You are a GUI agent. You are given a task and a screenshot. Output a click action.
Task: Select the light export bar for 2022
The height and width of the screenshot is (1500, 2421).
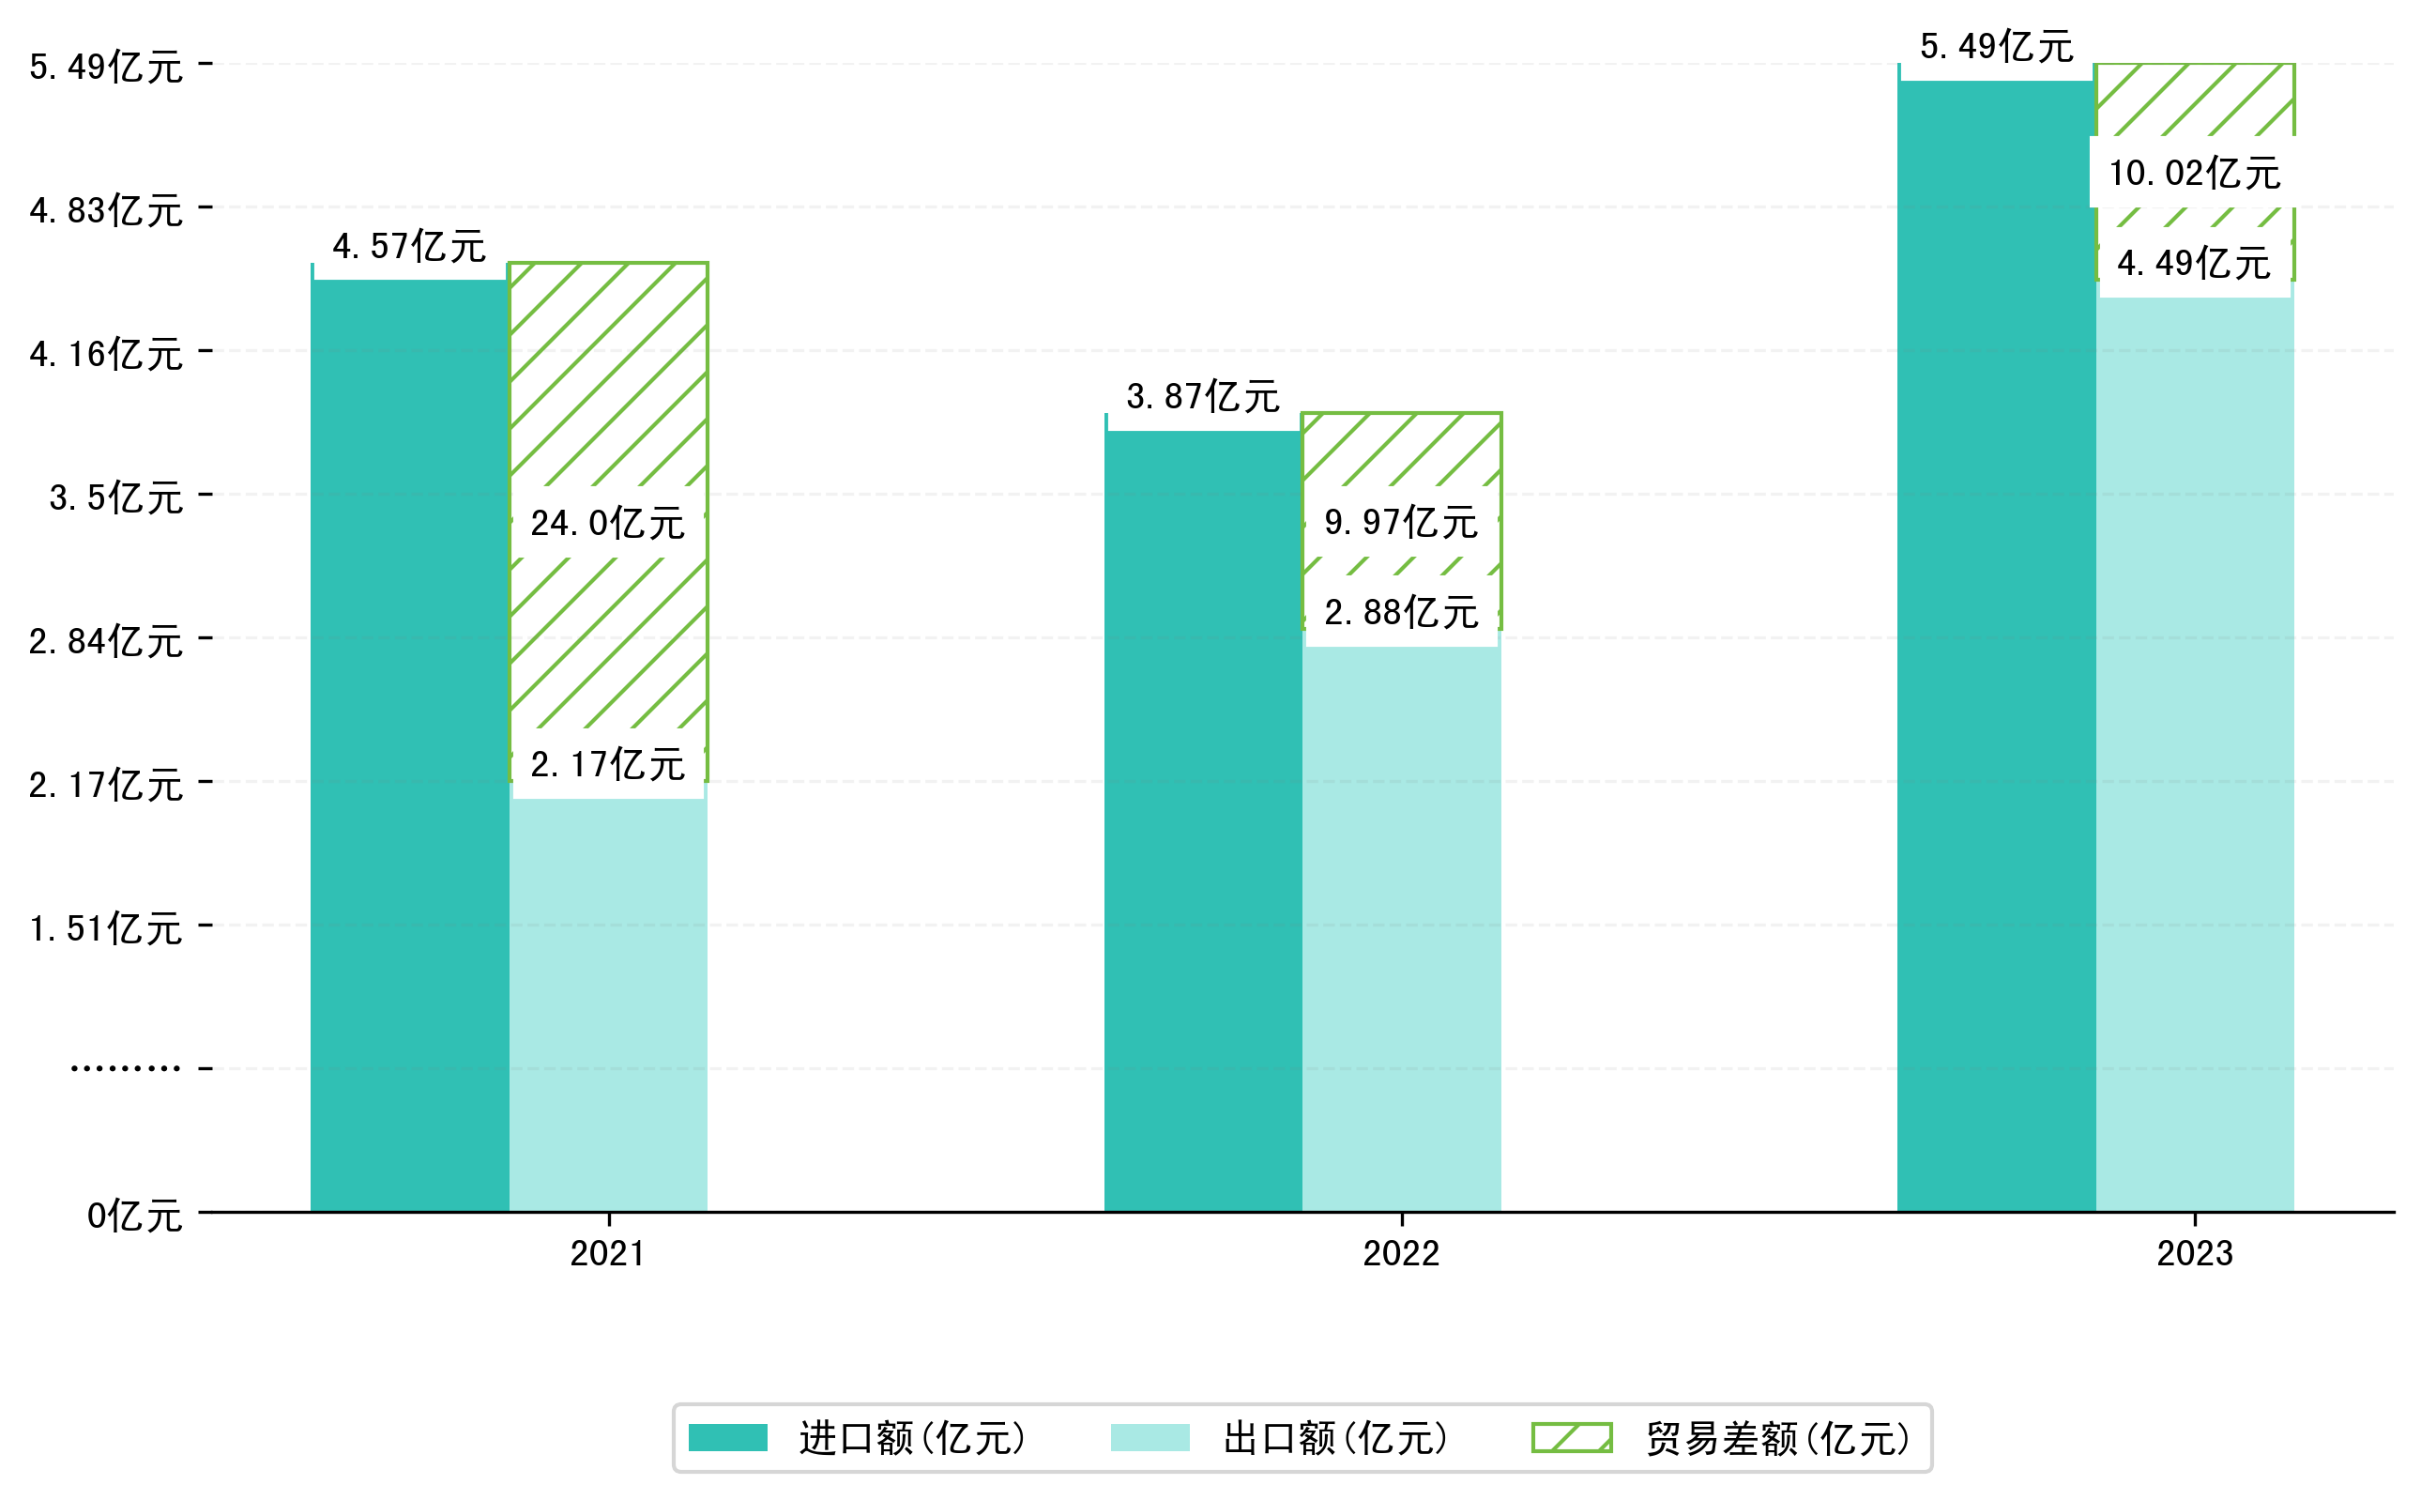click(1400, 923)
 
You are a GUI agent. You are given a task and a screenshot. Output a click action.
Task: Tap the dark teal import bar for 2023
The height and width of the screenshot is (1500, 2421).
click(1995, 645)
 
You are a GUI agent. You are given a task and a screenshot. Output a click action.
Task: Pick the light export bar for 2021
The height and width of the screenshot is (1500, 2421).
click(607, 1002)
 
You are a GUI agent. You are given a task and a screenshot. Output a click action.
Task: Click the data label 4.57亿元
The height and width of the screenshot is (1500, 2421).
click(408, 246)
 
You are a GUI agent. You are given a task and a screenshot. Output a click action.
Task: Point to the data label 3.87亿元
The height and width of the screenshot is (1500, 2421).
click(1202, 397)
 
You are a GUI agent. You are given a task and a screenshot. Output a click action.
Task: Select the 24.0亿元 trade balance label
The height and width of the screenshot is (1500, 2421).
click(607, 523)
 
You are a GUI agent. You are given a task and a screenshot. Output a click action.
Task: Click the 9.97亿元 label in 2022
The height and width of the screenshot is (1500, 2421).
click(1400, 522)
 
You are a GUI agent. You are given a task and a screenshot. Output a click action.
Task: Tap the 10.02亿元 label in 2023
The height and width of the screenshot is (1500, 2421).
click(2194, 173)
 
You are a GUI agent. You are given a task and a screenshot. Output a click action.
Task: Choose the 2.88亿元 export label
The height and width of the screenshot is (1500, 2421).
click(1400, 612)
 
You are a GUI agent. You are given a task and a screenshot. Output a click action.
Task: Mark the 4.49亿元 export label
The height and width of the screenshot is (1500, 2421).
click(2193, 263)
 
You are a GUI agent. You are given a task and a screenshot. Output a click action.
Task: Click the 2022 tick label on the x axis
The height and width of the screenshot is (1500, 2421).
click(1400, 1254)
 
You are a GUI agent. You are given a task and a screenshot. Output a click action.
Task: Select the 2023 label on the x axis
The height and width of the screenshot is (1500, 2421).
click(2194, 1254)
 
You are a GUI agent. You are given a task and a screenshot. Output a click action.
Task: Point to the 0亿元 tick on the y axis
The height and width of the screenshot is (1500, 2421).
click(134, 1216)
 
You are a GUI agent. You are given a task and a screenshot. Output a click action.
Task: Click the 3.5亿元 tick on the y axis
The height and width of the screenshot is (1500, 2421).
click(116, 497)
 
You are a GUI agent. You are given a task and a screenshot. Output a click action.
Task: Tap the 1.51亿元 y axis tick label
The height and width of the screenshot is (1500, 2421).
click(105, 928)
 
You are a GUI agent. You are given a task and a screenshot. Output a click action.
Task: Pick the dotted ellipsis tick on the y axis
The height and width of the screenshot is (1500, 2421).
click(125, 1068)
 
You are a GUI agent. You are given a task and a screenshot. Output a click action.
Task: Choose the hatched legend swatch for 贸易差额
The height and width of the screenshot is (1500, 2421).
click(1571, 1437)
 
